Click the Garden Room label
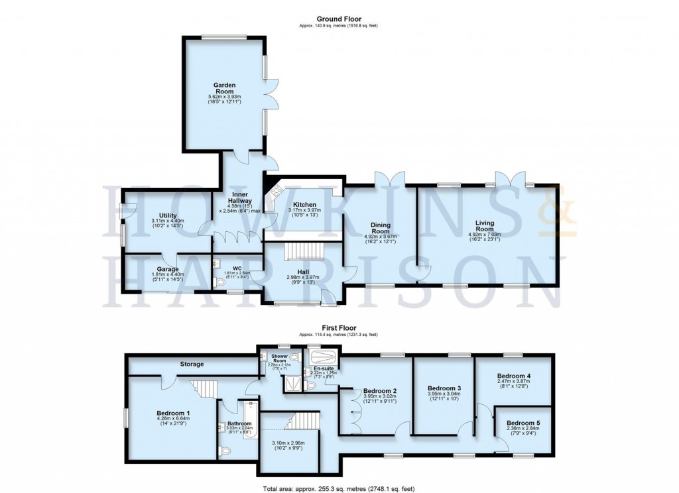(x=224, y=88)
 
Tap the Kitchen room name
(x=302, y=205)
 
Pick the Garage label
(x=167, y=269)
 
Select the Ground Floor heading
(x=338, y=19)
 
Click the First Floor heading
(x=338, y=327)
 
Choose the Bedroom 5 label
(x=523, y=423)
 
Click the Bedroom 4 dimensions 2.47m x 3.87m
(x=515, y=381)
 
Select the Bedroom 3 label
(x=444, y=388)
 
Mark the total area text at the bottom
(x=338, y=488)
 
